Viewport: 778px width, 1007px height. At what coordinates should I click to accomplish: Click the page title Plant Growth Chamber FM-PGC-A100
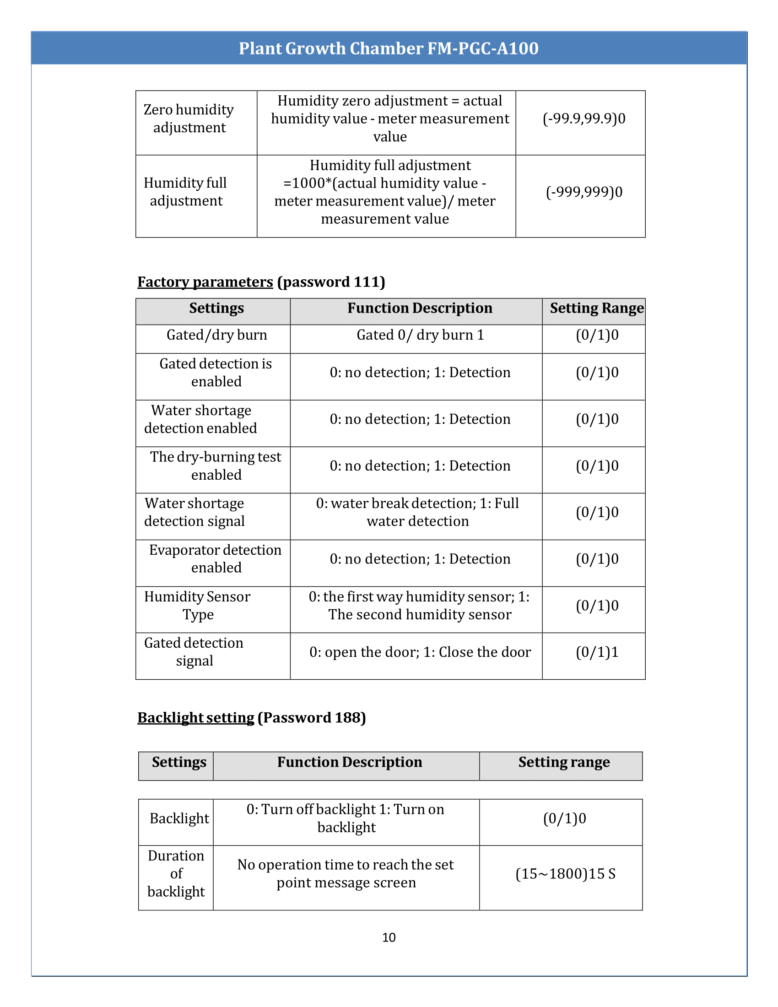coord(389,49)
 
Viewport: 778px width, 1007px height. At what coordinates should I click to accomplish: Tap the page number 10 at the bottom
coord(389,937)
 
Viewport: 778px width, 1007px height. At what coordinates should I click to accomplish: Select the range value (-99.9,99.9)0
coord(584,119)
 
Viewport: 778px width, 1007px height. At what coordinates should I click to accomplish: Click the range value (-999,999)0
coord(584,192)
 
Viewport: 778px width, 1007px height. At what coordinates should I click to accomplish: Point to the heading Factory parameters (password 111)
coord(261,282)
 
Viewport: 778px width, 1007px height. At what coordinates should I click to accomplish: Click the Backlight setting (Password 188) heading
coord(251,717)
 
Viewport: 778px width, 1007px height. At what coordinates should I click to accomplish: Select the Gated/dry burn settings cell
coord(216,335)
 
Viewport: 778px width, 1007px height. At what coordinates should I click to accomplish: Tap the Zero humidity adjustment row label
coord(189,119)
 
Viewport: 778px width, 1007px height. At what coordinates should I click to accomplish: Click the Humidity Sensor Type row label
coord(197,606)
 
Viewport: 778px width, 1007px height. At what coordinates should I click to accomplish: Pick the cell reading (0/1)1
coord(597,652)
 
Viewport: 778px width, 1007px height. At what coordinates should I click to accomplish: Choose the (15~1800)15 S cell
coord(565,874)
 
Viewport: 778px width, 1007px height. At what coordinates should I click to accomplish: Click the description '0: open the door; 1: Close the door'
coord(420,652)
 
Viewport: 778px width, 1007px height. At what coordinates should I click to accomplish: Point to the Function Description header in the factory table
coord(420,308)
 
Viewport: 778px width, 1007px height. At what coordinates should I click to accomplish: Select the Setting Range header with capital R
coord(596,308)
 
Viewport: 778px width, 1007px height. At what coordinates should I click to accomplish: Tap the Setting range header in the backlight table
coord(564,762)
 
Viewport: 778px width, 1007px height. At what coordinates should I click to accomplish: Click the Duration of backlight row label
coord(176,874)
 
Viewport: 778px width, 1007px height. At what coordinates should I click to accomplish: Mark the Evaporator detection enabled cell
coord(215,559)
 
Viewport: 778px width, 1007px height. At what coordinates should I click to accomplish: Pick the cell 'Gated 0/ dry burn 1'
coord(420,335)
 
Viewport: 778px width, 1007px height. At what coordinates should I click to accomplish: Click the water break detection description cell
coord(417,512)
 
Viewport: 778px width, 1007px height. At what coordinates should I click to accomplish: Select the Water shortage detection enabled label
coord(200,419)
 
